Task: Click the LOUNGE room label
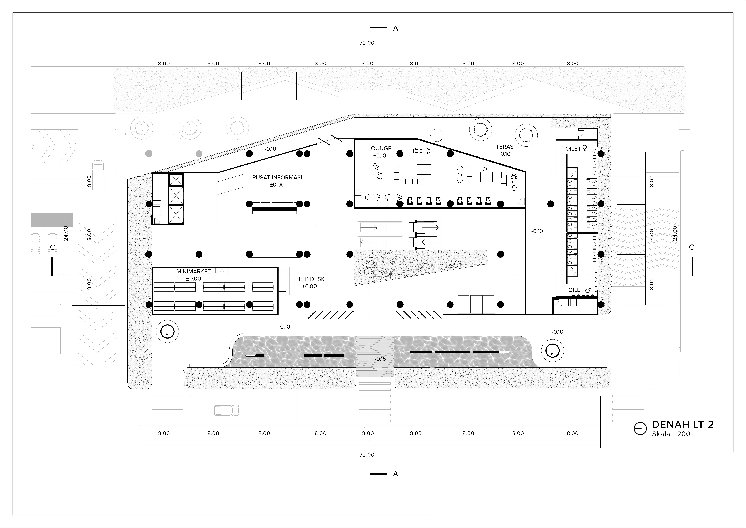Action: click(x=379, y=148)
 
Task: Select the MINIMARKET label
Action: click(x=193, y=271)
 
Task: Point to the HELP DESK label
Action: click(x=309, y=279)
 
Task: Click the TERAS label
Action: click(x=505, y=147)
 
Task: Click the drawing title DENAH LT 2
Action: click(x=683, y=425)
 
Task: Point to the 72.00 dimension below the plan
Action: click(x=367, y=455)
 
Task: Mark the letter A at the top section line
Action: click(x=395, y=28)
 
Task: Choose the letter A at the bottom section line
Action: click(x=395, y=474)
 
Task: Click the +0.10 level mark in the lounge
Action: click(x=379, y=155)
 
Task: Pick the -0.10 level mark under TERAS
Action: click(x=505, y=154)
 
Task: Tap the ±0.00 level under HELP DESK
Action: click(x=309, y=286)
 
